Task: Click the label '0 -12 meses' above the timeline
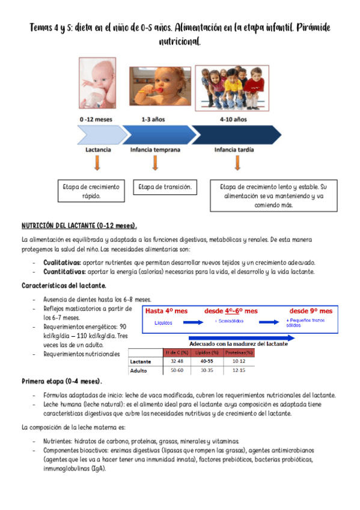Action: tap(96, 120)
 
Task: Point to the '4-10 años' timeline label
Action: tap(233, 120)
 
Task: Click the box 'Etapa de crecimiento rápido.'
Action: tap(91, 191)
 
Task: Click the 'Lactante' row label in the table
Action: tap(141, 361)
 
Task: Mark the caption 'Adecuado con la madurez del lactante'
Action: tap(238, 343)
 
